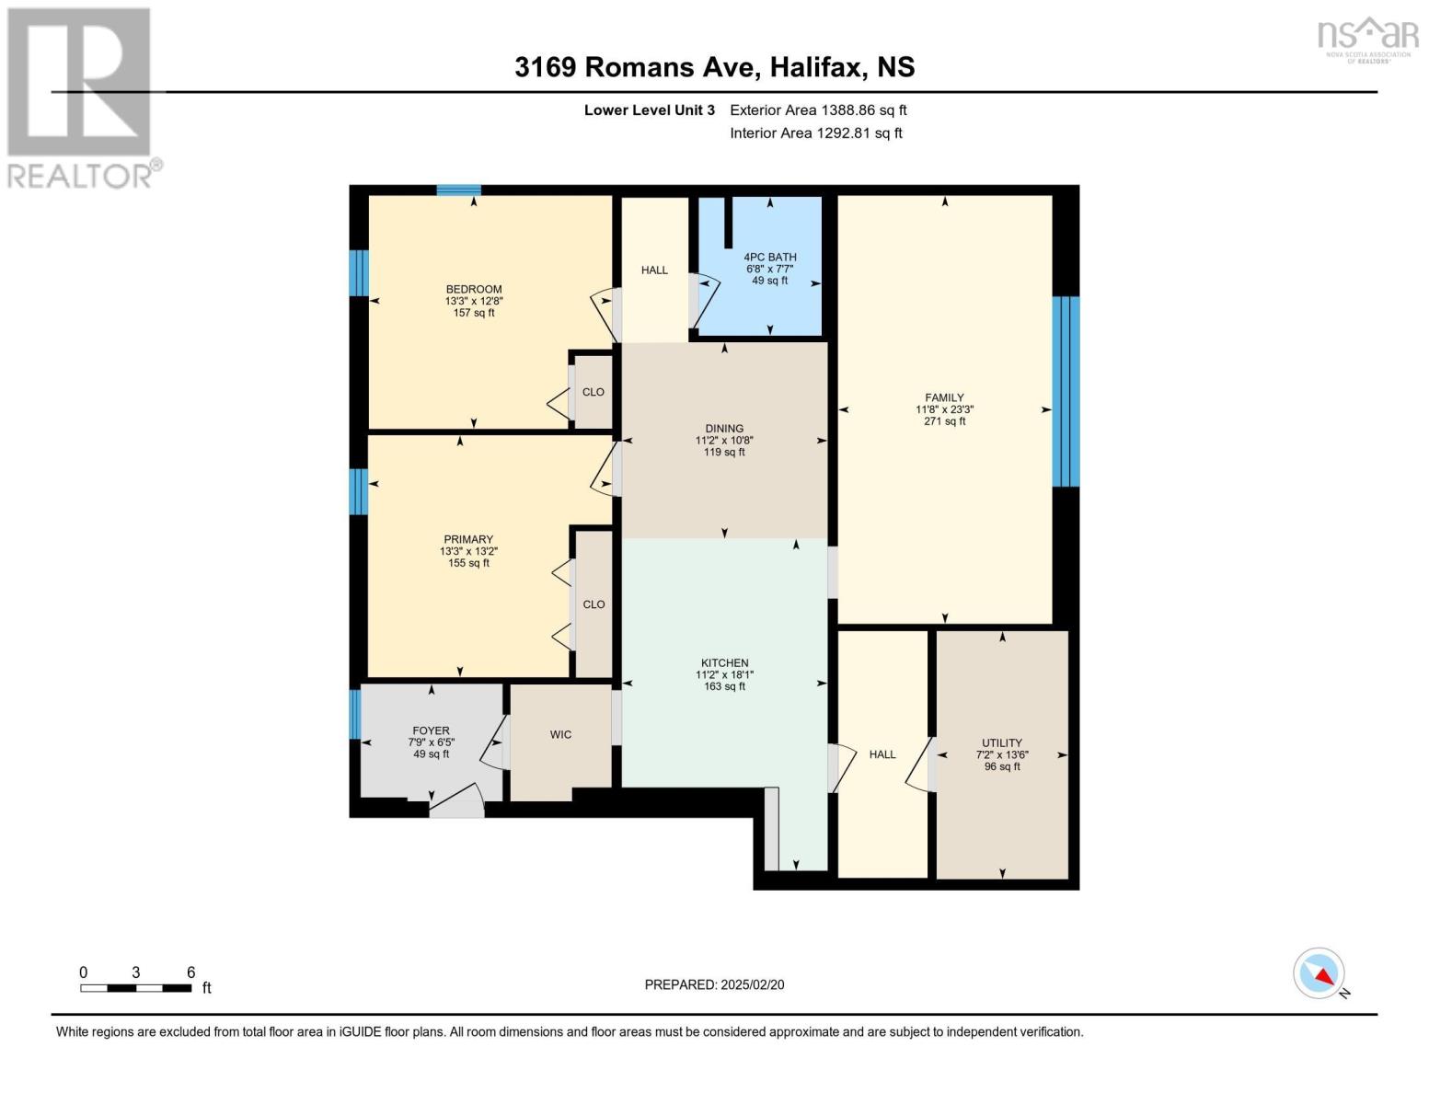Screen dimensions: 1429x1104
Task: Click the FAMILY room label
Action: coord(944,397)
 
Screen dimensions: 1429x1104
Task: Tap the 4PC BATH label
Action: coord(770,257)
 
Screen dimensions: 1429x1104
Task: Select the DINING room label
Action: coord(724,428)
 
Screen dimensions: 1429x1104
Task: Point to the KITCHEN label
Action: coord(724,662)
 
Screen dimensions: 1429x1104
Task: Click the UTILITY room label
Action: coord(1001,743)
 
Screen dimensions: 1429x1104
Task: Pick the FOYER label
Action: coord(431,730)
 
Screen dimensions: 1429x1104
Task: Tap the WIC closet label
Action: coord(560,734)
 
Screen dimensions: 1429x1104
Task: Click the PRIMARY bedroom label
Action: coord(468,539)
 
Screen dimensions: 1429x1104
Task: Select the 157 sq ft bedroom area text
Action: coord(474,313)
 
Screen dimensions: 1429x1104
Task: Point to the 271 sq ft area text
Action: coord(944,420)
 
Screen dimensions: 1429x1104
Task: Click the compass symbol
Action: coord(1319,973)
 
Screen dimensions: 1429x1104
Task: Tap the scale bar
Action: coord(135,987)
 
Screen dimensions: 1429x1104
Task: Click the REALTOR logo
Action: coord(82,98)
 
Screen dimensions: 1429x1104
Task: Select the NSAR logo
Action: coord(1368,40)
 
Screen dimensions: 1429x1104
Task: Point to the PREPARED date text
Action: coord(714,984)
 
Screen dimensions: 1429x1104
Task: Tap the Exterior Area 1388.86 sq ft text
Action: coord(818,109)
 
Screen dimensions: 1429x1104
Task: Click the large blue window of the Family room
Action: coord(1066,391)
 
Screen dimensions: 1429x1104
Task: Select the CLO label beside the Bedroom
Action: coord(593,392)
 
